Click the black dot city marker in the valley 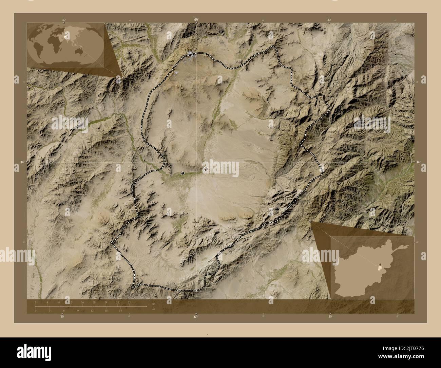click(x=183, y=173)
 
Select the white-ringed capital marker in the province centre click(x=206, y=169)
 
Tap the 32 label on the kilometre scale click(x=129, y=302)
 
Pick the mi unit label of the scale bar click(x=154, y=309)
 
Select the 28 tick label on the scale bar click(x=117, y=302)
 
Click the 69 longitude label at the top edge click(x=196, y=20)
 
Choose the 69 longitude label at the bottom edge click(x=196, y=317)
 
